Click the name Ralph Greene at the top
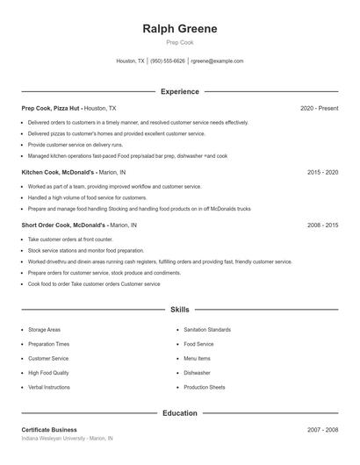(179, 28)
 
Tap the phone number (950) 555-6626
(167, 61)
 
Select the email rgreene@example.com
(217, 61)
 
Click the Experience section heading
(179, 91)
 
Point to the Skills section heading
(179, 310)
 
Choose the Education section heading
(179, 412)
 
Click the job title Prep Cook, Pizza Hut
(50, 108)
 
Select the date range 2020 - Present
(319, 108)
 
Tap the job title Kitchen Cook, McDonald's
(56, 173)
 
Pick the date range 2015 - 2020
(322, 173)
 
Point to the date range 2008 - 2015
(322, 225)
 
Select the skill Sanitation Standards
(207, 330)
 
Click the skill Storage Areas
(44, 330)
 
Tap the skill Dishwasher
(197, 373)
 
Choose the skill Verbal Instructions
(48, 387)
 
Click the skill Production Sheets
(205, 387)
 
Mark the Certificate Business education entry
(49, 430)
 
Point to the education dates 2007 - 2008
(322, 430)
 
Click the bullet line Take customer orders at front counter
(70, 240)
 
